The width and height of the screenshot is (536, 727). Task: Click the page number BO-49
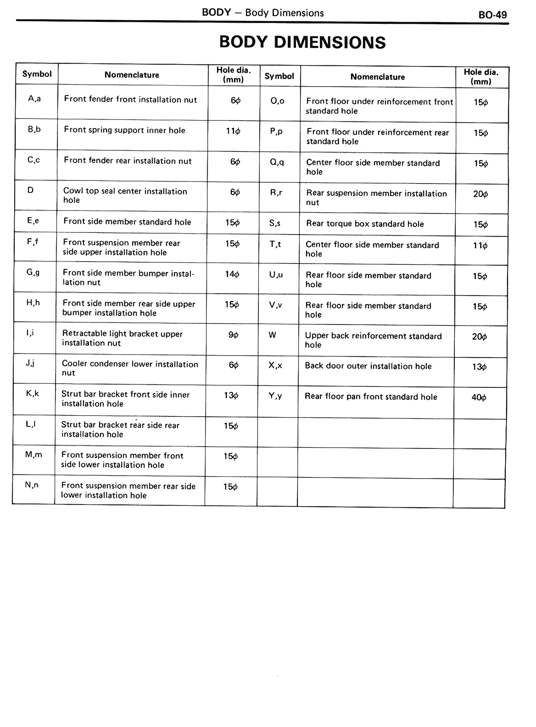(492, 15)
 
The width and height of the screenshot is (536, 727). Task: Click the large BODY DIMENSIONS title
(302, 42)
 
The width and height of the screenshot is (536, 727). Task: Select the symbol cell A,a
(34, 99)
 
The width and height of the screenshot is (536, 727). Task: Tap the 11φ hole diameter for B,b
(233, 131)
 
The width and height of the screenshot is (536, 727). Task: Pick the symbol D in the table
(31, 190)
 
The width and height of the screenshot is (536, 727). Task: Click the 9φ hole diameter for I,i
(233, 335)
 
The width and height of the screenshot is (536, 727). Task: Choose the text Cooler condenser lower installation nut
(130, 369)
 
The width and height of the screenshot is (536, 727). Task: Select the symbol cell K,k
(32, 394)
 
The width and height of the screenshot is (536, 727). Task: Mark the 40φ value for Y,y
(479, 397)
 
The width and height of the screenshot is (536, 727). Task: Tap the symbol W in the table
(272, 335)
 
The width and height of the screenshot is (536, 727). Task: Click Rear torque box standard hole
(365, 224)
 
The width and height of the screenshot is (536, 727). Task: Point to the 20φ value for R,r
(480, 194)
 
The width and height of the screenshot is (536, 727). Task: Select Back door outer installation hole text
(368, 366)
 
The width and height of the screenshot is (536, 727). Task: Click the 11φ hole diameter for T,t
(480, 246)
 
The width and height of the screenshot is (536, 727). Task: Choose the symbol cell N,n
(32, 485)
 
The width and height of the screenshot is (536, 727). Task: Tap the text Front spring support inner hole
(124, 130)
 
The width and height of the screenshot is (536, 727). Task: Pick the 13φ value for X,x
(479, 367)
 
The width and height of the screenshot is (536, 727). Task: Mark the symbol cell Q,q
(277, 162)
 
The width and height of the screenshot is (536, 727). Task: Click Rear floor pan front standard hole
(371, 397)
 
